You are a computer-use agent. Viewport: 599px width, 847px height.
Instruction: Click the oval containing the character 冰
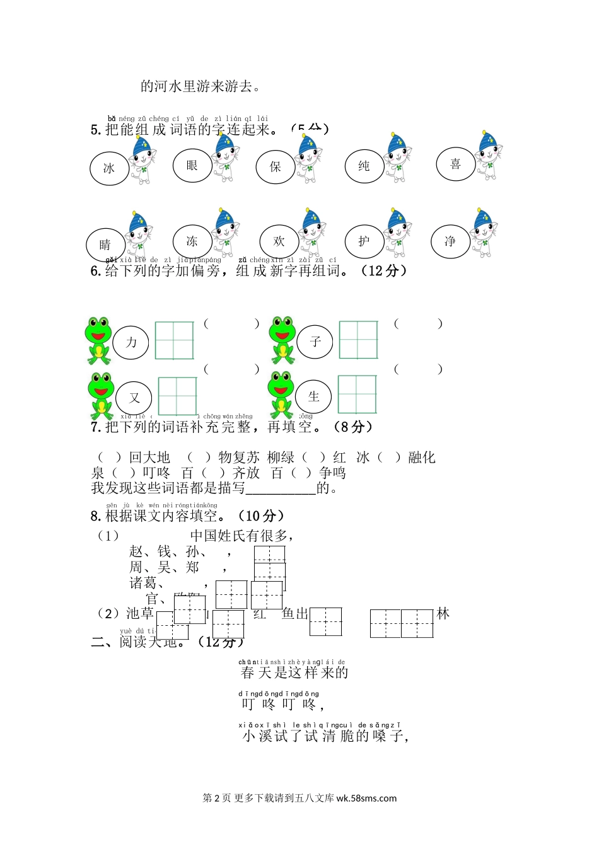click(109, 168)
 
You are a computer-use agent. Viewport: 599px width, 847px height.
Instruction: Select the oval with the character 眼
click(192, 165)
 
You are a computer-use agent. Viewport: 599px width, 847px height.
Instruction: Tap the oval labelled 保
click(276, 167)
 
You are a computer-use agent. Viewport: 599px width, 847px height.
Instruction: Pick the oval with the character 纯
click(364, 166)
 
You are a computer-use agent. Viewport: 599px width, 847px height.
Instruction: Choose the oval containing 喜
click(455, 164)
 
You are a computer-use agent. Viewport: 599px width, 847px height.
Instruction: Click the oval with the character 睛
click(105, 245)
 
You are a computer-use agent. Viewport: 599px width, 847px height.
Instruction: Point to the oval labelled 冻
click(192, 241)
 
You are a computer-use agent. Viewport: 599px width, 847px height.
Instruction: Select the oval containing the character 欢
click(279, 241)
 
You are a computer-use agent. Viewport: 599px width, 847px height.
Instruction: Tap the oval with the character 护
click(364, 241)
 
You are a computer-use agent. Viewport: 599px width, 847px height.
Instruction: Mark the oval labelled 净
click(450, 241)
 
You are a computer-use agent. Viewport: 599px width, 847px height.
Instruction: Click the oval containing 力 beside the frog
click(131, 342)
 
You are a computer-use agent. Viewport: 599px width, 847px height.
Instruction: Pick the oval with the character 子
click(315, 342)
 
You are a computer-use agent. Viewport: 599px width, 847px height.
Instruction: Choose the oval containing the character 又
click(134, 398)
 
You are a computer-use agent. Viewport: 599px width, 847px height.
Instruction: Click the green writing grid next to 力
click(174, 340)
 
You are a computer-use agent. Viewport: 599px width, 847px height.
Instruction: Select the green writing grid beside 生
click(357, 395)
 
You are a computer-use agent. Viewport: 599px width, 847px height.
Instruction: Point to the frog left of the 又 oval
click(101, 396)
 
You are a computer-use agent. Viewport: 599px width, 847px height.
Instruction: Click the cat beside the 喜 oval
click(489, 155)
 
